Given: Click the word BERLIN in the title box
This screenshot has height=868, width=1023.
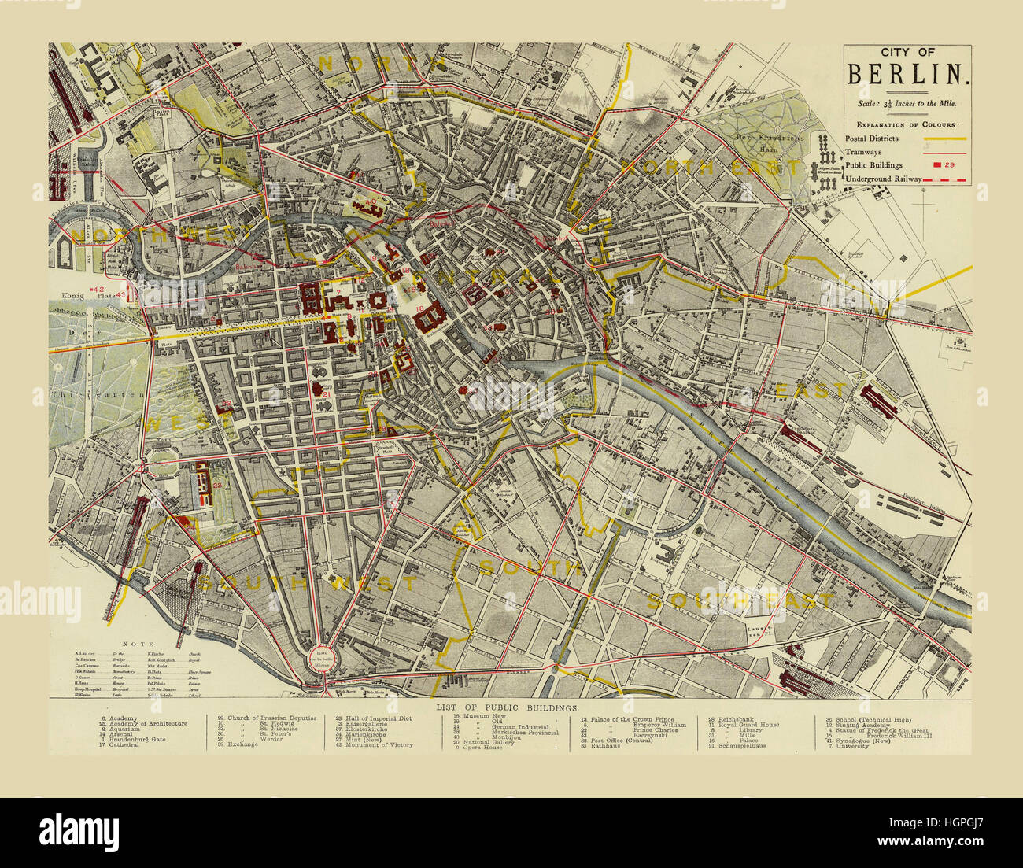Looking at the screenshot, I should pyautogui.click(x=907, y=73).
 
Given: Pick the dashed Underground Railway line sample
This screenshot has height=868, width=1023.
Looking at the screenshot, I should pyautogui.click(x=944, y=180).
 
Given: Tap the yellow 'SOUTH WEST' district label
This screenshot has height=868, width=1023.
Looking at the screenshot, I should pyautogui.click(x=307, y=583).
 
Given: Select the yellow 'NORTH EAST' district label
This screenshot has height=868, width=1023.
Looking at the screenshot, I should pyautogui.click(x=711, y=168).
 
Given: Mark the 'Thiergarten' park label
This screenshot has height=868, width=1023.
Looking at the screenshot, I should pyautogui.click(x=99, y=394).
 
